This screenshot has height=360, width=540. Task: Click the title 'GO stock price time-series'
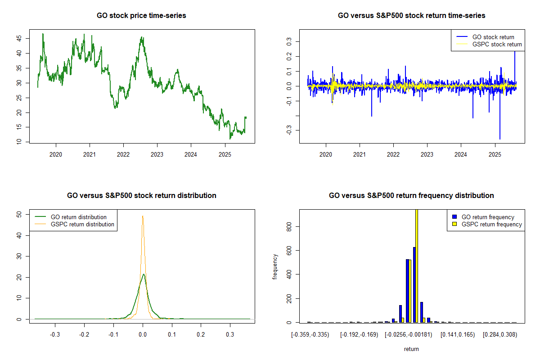tap(141, 16)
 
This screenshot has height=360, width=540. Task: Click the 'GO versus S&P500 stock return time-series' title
tap(411, 16)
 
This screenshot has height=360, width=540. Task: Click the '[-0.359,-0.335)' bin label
tap(310, 335)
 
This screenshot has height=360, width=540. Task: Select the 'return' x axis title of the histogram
tap(411, 349)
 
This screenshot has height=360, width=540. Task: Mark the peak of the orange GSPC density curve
tap(143, 216)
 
